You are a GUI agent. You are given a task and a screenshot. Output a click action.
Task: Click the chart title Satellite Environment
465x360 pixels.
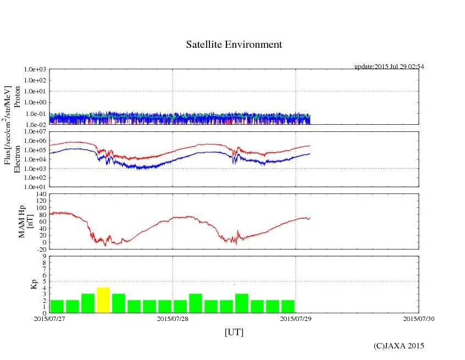point(234,45)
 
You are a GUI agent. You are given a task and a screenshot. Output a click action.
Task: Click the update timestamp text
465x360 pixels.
point(389,67)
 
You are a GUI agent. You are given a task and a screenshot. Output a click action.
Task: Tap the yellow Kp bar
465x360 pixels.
point(103,300)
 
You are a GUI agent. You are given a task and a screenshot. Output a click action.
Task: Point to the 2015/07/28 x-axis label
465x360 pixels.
point(173,318)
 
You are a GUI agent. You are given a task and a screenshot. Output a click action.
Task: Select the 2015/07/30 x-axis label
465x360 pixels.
point(419,318)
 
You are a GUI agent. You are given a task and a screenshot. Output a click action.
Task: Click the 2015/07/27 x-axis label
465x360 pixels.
point(49,318)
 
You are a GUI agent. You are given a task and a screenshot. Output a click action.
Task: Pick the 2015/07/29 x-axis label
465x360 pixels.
point(296,318)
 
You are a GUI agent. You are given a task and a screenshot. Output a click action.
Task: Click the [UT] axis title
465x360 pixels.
point(234,333)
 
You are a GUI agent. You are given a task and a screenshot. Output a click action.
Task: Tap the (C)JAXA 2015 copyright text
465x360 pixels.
point(398,346)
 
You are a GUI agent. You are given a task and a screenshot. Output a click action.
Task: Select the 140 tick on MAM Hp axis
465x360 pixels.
point(41,194)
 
